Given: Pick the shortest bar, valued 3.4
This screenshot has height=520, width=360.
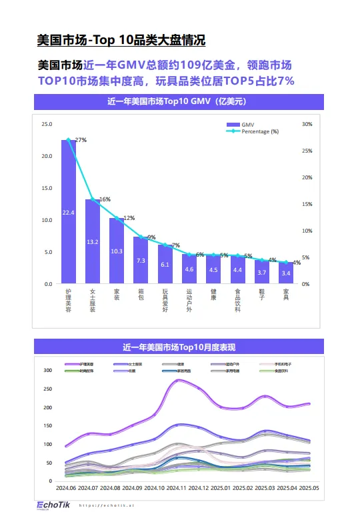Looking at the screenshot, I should pos(286,273).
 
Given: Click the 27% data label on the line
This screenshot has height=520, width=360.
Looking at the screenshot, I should pos(81,140).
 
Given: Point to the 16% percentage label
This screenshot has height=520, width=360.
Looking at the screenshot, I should pos(105,199).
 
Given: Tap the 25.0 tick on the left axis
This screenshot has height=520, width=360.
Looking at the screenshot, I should pos(47,124).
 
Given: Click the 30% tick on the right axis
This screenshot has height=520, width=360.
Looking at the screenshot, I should pos(307,124).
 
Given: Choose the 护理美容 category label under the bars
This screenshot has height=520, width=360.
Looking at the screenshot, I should pos(69,297).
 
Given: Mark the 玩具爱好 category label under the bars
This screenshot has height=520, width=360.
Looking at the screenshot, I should pos(165,299).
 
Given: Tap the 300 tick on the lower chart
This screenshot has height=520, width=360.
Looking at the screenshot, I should pos(47,370).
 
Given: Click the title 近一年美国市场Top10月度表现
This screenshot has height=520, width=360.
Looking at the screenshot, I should pos(179,347).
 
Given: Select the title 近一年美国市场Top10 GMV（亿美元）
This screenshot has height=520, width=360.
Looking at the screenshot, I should pos(179,102).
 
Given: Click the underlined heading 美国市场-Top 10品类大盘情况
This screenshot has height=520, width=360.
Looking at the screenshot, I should pos(121,40).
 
